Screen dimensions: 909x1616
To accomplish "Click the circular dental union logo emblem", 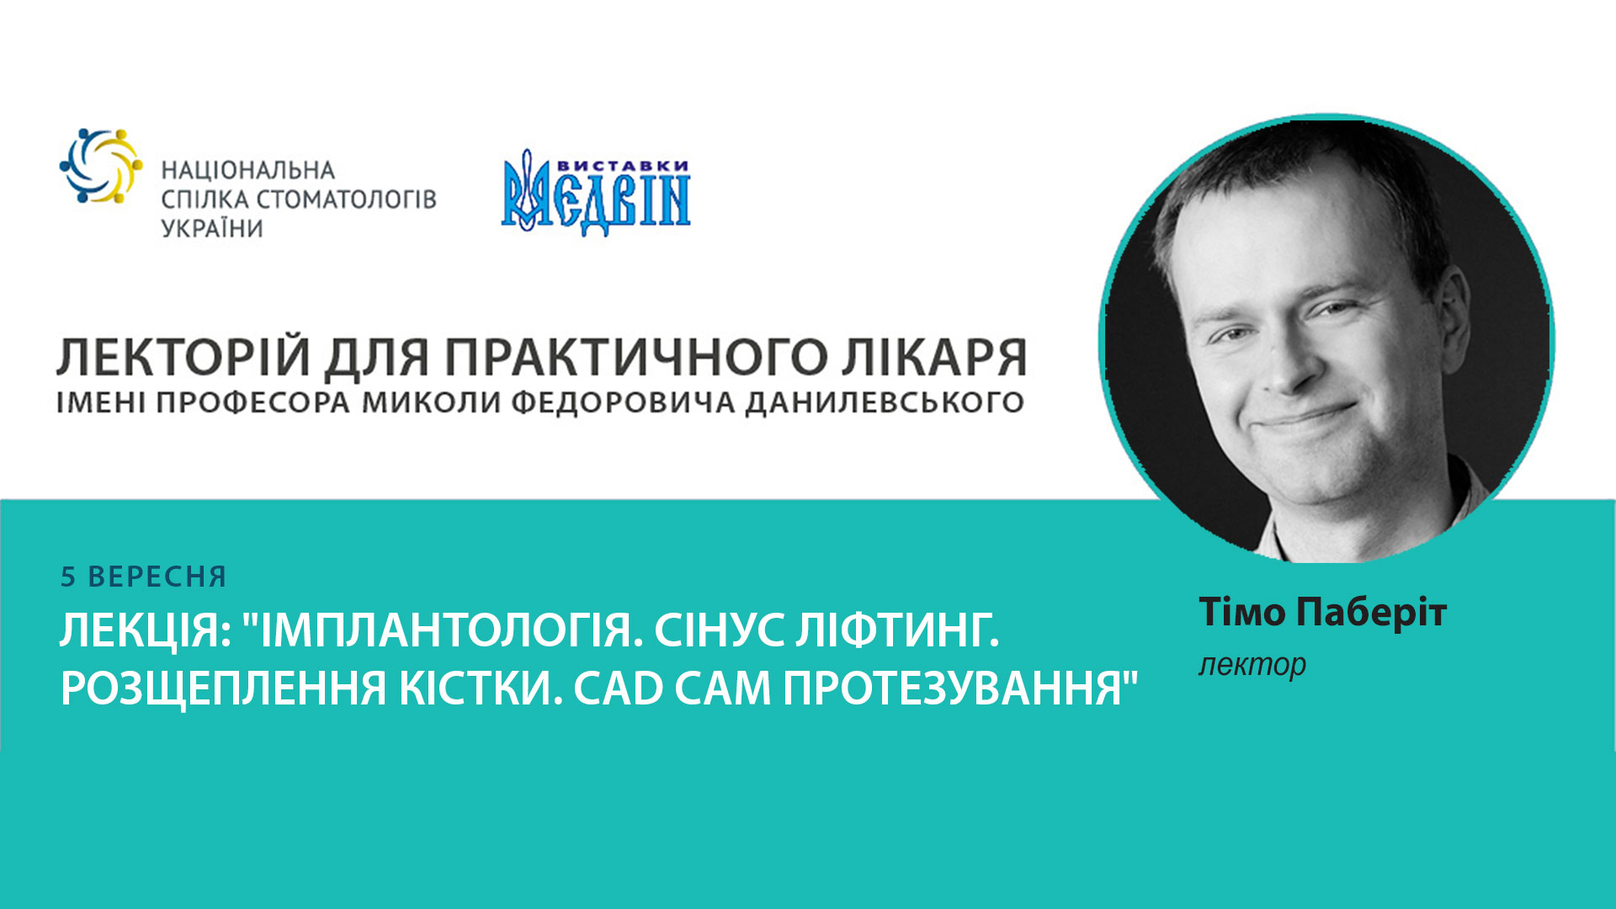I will click(100, 166).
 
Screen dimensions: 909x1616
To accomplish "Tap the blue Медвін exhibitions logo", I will click(596, 194).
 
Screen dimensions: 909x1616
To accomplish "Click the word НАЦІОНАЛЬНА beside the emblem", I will click(247, 171).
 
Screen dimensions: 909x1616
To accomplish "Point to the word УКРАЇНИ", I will click(212, 228).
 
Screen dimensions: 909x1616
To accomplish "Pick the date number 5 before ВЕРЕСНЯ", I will click(68, 577).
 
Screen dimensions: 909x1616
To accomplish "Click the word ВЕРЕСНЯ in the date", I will click(157, 577).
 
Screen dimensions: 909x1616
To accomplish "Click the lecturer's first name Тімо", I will click(1242, 612).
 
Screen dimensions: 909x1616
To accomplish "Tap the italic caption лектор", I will click(1252, 665).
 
